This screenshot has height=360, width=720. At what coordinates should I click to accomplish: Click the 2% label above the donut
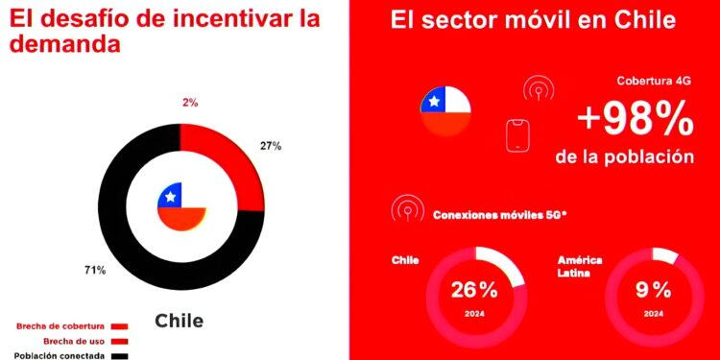190,103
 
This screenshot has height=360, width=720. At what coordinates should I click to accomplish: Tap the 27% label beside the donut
270,146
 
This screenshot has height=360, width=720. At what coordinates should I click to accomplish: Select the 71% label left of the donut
95,271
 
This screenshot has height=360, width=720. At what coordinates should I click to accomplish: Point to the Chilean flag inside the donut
181,205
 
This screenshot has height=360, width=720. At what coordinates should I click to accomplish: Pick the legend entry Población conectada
62,355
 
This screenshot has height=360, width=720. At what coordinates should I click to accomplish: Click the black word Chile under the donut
180,321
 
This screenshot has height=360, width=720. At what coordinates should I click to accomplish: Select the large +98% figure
636,119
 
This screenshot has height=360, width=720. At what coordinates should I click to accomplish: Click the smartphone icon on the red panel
518,135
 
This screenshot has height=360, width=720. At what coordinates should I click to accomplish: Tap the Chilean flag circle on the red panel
444,110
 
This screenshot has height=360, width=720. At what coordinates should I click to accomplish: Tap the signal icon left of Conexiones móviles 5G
407,210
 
